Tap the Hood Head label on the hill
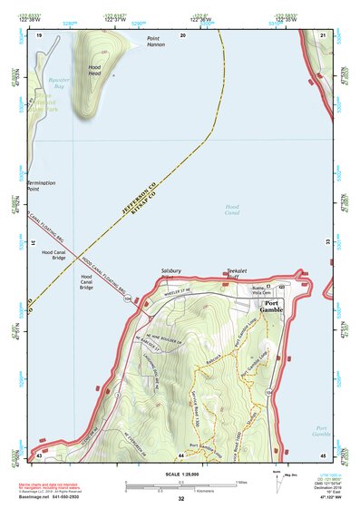95,71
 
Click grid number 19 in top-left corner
40,35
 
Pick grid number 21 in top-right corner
323,35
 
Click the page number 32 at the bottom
181,499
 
